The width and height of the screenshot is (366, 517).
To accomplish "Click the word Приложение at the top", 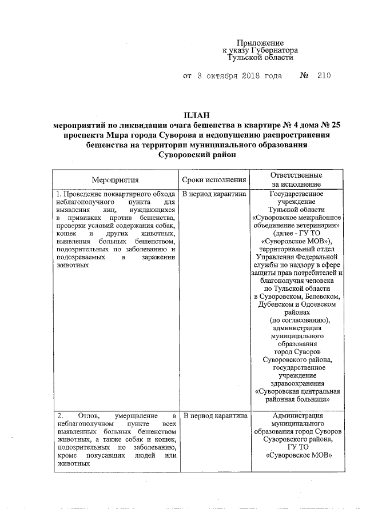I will [260, 43].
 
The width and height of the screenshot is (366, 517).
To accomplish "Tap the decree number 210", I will [323, 75].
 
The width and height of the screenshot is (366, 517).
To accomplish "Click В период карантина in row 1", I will [214, 194].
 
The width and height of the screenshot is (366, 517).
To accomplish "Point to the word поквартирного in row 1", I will [125, 194].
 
